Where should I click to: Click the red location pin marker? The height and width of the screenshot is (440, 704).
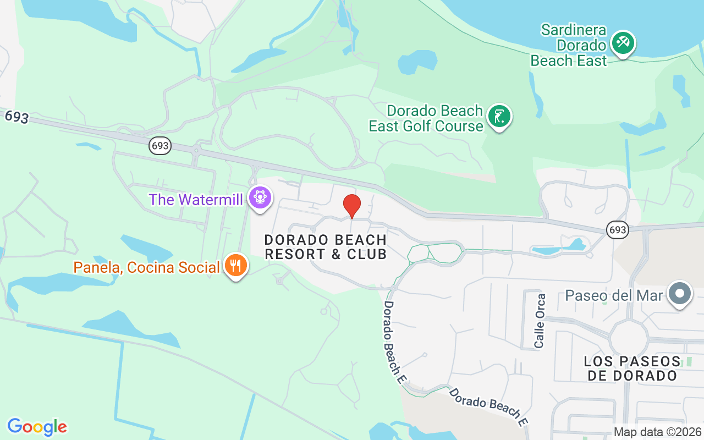click(352, 206)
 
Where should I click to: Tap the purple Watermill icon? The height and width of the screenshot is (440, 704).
click(260, 197)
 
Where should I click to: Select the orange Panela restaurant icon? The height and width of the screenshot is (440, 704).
click(236, 266)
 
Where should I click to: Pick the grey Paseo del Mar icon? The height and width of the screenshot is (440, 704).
click(680, 294)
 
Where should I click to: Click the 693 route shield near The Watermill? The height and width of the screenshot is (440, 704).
click(160, 146)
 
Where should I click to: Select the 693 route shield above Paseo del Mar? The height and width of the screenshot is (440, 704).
click(618, 230)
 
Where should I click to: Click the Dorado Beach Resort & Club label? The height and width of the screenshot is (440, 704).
click(326, 247)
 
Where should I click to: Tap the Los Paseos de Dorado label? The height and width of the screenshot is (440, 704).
click(632, 369)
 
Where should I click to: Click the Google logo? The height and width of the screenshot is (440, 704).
click(37, 427)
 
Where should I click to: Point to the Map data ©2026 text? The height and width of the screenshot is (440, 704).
click(658, 432)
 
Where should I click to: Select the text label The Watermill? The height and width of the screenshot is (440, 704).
click(196, 199)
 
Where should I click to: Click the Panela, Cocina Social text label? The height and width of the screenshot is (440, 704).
click(147, 268)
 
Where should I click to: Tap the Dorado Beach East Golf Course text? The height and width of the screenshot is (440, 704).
click(426, 118)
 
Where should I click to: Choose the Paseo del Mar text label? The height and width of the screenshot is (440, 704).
click(614, 295)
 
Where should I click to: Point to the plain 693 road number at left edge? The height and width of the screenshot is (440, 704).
click(16, 117)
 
